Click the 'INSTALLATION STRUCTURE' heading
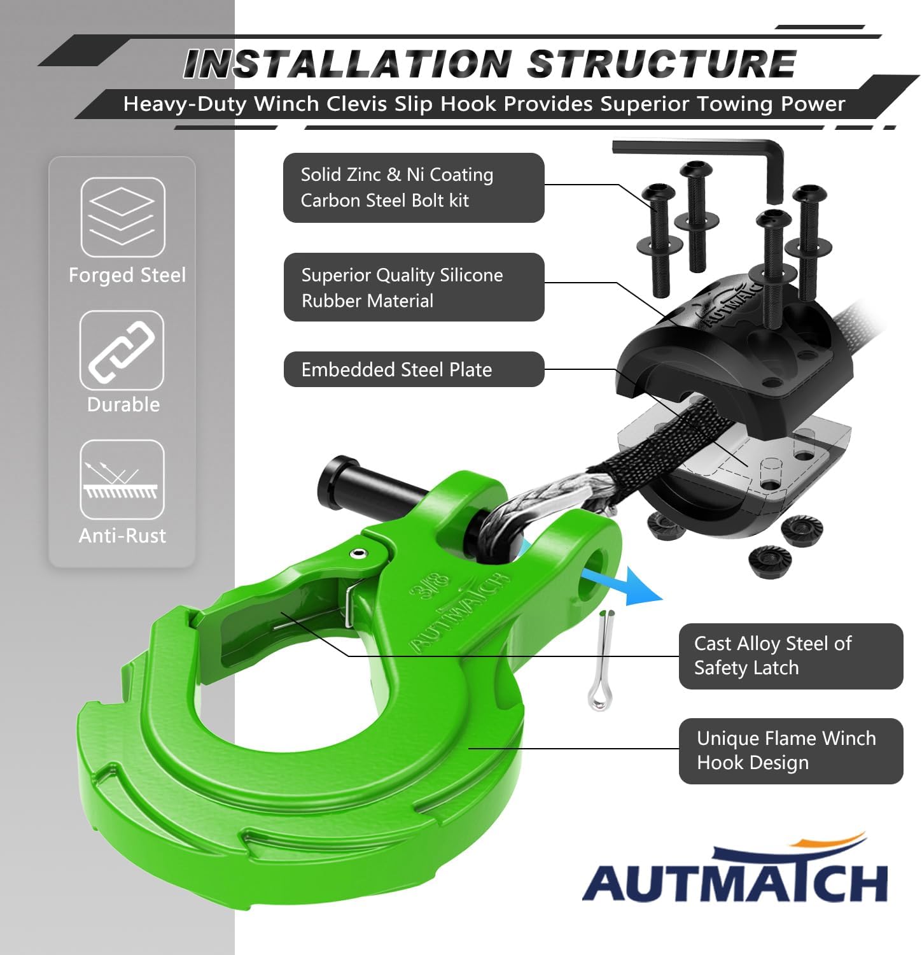490,64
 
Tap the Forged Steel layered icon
123,217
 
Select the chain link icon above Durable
122,350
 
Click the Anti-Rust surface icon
122,479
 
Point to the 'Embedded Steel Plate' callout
414,369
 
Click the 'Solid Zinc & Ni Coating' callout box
414,188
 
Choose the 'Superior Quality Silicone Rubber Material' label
414,287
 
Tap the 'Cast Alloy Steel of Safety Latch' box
791,656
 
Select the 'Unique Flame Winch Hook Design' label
791,751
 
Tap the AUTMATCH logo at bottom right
735,869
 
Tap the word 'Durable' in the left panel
123,404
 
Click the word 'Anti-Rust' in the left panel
122,535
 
